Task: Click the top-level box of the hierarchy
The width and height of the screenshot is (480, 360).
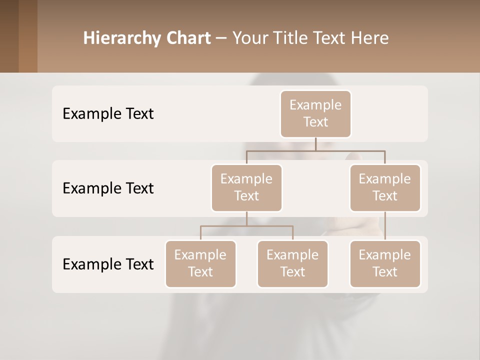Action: pyautogui.click(x=315, y=113)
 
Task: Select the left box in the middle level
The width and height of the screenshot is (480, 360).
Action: pyautogui.click(x=246, y=187)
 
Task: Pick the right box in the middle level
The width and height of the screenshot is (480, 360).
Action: pyautogui.click(x=385, y=187)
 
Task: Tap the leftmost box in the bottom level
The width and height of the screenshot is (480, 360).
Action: pyautogui.click(x=200, y=263)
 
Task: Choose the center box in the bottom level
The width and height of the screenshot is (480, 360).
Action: pyautogui.click(x=292, y=263)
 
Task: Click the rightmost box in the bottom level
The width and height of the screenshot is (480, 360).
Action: pyautogui.click(x=385, y=263)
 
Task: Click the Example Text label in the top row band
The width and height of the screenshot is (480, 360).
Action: pyautogui.click(x=108, y=114)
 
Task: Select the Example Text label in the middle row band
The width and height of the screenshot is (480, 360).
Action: pyautogui.click(x=108, y=188)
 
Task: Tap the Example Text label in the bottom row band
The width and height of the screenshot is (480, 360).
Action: pyautogui.click(x=108, y=264)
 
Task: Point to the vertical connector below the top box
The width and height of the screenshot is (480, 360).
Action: pyautogui.click(x=315, y=143)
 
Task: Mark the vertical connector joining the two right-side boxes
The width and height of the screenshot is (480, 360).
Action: pyautogui.click(x=385, y=226)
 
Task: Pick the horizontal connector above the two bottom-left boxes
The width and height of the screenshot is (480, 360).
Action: pyautogui.click(x=246, y=226)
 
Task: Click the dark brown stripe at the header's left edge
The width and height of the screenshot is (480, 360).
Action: pyautogui.click(x=9, y=36)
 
